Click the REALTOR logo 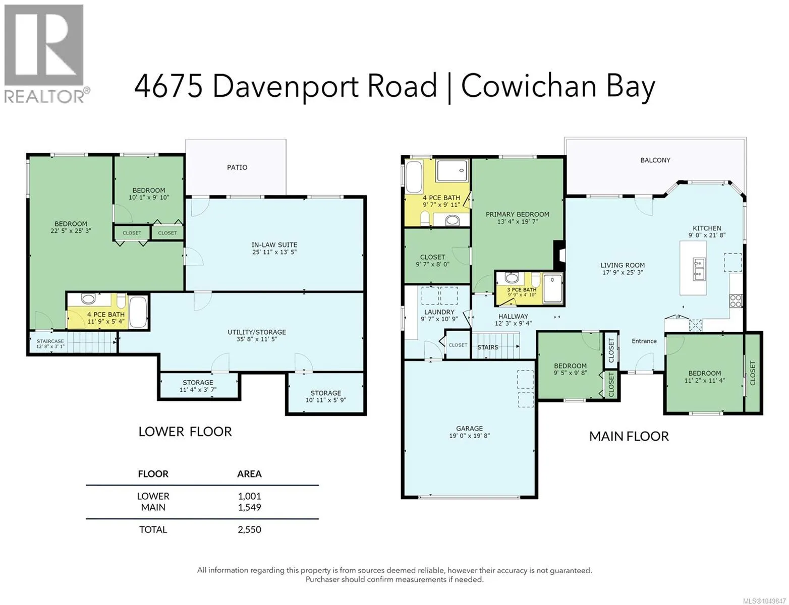46,53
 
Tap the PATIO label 237,167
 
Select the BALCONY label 655,160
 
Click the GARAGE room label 470,429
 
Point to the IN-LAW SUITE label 274,245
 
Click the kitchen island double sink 699,269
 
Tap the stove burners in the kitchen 736,300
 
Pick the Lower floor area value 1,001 249,496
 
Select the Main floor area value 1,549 249,507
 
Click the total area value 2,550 249,529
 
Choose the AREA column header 249,474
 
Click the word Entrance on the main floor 644,341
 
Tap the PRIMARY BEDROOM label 518,214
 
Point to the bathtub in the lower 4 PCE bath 138,312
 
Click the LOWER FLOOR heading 185,432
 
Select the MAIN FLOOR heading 629,436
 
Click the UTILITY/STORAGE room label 257,332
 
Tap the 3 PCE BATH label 522,290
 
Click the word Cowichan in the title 529,87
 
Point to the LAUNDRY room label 439,312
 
